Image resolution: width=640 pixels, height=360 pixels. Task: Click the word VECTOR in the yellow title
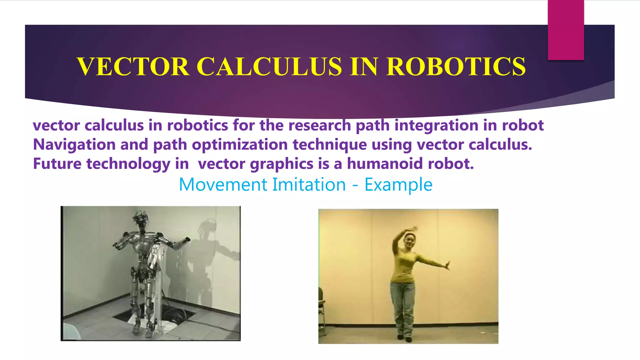click(x=133, y=67)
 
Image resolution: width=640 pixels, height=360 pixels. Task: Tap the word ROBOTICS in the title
click(x=456, y=67)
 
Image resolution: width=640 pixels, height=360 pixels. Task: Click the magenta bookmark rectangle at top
click(x=566, y=30)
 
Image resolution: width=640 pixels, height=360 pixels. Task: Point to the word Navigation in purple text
click(x=74, y=144)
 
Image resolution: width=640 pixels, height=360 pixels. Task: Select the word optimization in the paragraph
click(x=240, y=144)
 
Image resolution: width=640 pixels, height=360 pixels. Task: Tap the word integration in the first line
click(x=436, y=125)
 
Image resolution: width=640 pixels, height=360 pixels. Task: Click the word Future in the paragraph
click(x=57, y=163)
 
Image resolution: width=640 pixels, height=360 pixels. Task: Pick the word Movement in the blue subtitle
click(x=222, y=184)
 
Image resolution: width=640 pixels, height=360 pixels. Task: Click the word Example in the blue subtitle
click(x=398, y=184)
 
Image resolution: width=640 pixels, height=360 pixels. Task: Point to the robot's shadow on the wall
click(x=206, y=250)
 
